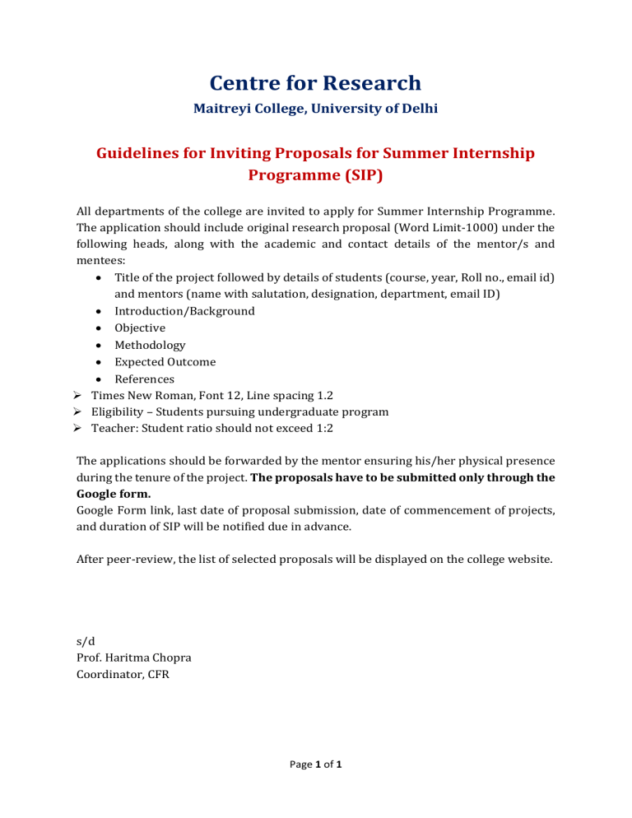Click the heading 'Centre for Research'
(315, 83)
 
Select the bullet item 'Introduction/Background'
(184, 311)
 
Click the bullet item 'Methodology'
(150, 346)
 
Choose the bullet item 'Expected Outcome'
(165, 362)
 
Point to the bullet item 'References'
(144, 379)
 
